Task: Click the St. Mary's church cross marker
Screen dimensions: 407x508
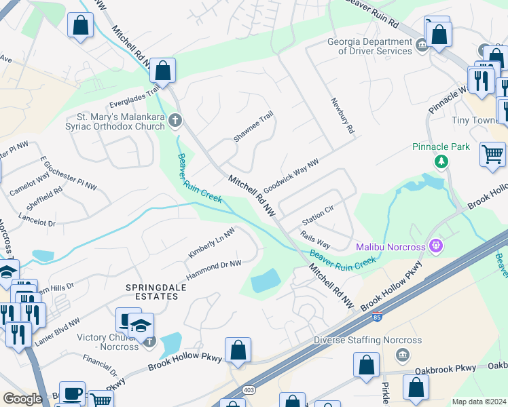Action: coord(175,121)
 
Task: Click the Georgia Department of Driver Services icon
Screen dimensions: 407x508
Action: coord(421,45)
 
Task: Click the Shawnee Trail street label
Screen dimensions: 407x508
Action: coord(253,126)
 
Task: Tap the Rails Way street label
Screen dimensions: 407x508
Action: coord(316,239)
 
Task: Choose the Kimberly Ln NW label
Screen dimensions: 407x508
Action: coord(211,242)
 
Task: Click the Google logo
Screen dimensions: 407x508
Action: coord(22,398)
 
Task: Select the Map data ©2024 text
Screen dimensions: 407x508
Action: coord(479,402)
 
